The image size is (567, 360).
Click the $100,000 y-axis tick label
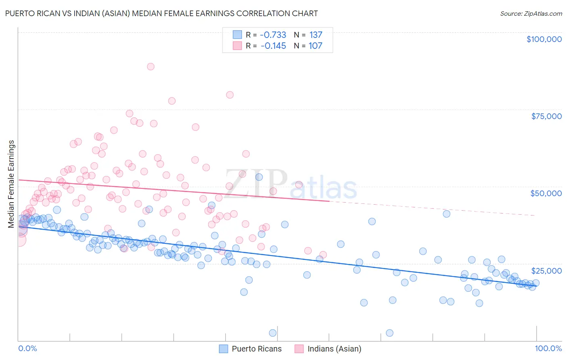click(544, 39)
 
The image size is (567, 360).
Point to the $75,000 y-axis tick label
click(546, 116)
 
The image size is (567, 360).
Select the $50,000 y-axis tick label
click(546, 193)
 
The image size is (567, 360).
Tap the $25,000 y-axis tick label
click(546, 271)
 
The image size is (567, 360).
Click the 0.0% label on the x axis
click(27, 348)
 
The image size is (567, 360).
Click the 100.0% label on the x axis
click(548, 348)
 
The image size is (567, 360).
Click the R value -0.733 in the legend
click(273, 35)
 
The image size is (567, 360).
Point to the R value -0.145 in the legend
click(273, 46)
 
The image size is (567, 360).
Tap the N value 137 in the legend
click(316, 35)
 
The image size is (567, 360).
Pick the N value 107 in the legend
click(315, 46)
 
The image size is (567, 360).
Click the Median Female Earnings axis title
click(11, 184)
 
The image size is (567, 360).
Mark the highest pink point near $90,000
click(150, 67)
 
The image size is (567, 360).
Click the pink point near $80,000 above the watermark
click(230, 95)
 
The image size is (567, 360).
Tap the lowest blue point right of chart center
click(390, 333)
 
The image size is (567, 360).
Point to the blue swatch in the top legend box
click(237, 35)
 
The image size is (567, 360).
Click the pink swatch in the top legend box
click(237, 46)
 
